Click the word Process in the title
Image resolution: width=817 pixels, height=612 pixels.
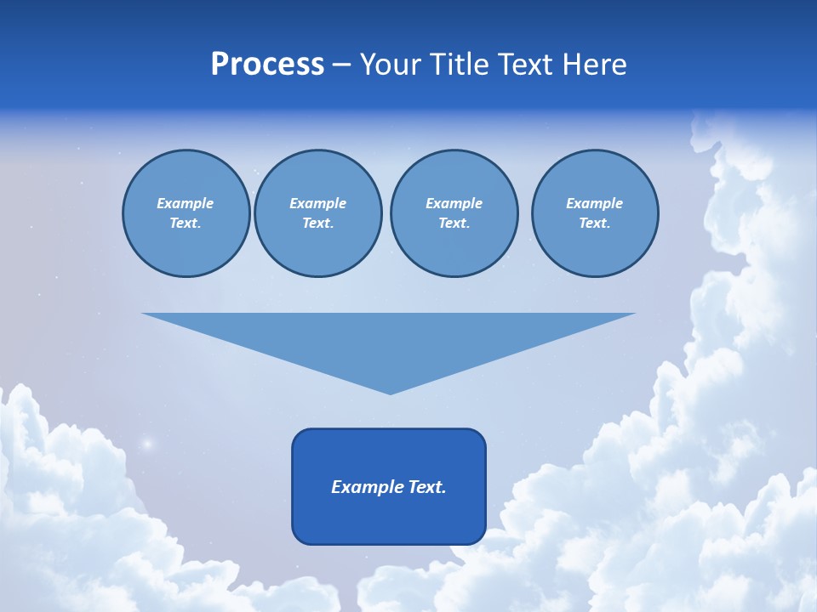tap(267, 65)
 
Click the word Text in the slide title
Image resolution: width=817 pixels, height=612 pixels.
tap(527, 65)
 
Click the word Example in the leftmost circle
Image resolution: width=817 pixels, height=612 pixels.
tap(186, 203)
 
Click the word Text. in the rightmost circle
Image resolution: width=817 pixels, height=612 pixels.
tap(595, 223)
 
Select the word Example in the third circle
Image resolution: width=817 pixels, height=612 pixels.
tap(454, 203)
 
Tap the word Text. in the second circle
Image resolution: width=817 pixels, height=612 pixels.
tap(317, 223)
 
